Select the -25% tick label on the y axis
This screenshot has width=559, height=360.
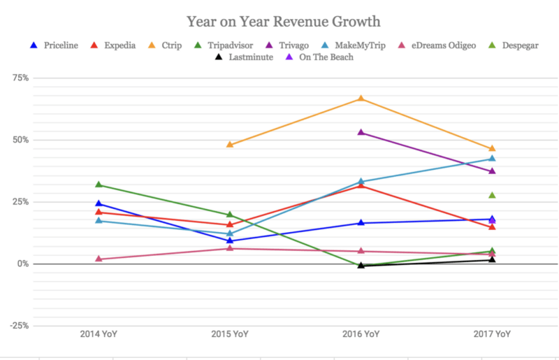point(17,326)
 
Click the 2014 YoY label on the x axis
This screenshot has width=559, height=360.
point(99,334)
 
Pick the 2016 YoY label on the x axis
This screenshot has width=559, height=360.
point(361,334)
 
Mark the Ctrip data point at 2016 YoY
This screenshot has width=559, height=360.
point(361,99)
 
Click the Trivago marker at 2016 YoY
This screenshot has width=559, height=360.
point(361,132)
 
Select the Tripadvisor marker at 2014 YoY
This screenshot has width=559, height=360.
point(99,185)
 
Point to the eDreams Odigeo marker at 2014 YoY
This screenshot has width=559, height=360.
point(99,259)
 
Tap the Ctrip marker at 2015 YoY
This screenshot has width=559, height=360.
point(230,145)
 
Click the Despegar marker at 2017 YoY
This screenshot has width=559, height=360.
point(492,195)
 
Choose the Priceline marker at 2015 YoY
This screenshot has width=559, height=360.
point(230,240)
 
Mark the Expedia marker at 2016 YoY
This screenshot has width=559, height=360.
point(361,185)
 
